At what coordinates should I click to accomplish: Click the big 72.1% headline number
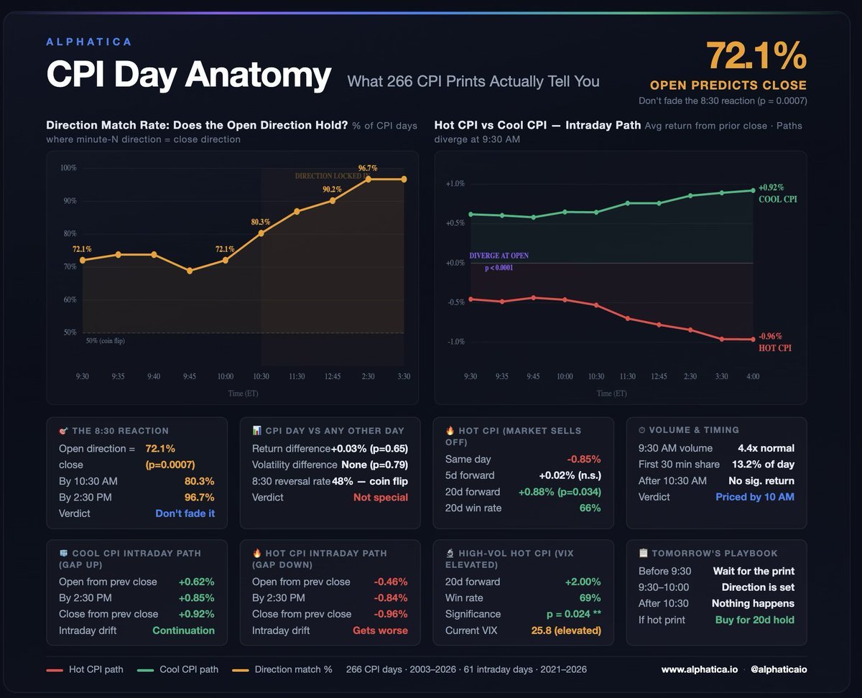(756, 55)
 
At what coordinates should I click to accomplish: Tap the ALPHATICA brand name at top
(89, 42)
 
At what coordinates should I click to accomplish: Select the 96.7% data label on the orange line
(368, 168)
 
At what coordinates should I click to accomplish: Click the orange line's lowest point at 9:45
(190, 271)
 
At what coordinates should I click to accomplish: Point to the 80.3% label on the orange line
(260, 222)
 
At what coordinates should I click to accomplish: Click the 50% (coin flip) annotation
(105, 340)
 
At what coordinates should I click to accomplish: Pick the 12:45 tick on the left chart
(333, 376)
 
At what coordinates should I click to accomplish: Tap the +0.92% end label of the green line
(771, 187)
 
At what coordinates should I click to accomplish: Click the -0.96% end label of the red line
(770, 336)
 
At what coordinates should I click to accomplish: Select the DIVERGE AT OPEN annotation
(499, 256)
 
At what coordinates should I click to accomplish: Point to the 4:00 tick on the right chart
(753, 376)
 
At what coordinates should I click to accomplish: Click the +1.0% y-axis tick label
(455, 184)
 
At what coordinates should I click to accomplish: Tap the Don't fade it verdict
(185, 513)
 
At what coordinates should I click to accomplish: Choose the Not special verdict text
(381, 497)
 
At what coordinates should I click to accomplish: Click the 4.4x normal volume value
(766, 448)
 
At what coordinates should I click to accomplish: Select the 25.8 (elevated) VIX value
(566, 630)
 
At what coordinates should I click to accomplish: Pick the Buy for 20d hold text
(754, 620)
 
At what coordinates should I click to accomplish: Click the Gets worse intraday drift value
(380, 630)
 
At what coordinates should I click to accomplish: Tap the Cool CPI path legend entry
(177, 669)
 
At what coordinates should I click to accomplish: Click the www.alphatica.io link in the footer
(700, 669)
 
